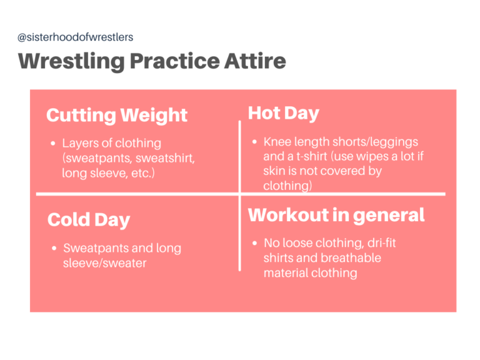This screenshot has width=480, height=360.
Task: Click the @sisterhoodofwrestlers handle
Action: (75, 37)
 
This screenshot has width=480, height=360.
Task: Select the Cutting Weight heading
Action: (117, 115)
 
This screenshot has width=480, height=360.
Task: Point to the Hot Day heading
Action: (283, 113)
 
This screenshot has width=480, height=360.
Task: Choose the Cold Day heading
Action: (89, 220)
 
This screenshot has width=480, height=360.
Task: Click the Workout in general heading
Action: (336, 215)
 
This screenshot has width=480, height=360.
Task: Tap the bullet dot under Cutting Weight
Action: (53, 144)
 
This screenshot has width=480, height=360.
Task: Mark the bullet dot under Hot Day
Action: (254, 142)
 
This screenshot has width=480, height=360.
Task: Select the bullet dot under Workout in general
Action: (254, 243)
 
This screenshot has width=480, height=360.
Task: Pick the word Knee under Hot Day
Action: (277, 142)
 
